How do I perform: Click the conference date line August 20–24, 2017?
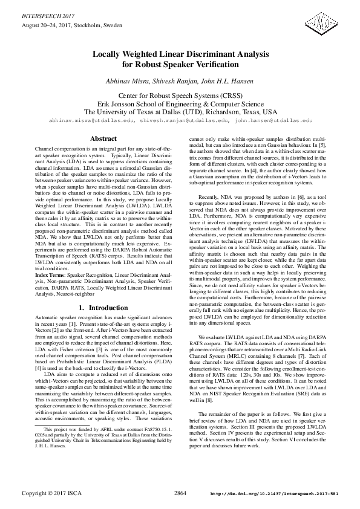(71, 26)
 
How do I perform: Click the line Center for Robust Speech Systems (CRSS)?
(180, 96)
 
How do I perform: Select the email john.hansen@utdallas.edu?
(273, 121)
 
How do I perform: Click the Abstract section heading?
(103, 138)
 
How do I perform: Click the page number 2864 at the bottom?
(180, 494)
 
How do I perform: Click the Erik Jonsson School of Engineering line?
(180, 103)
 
